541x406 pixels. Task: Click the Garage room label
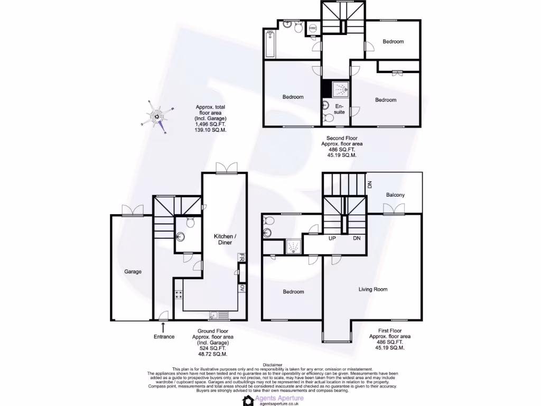pos(133,272)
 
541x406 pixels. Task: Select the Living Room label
pos(373,289)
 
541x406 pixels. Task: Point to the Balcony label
pos(395,195)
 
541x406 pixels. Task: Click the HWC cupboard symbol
pos(312,28)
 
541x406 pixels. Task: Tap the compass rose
pos(157,116)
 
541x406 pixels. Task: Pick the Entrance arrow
pos(162,328)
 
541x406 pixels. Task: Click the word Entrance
pos(164,337)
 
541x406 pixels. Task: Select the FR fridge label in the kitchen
pos(241,258)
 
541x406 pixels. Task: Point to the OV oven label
pos(242,288)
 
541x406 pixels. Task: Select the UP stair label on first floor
pos(332,238)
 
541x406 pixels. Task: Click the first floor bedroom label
pos(293,292)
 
